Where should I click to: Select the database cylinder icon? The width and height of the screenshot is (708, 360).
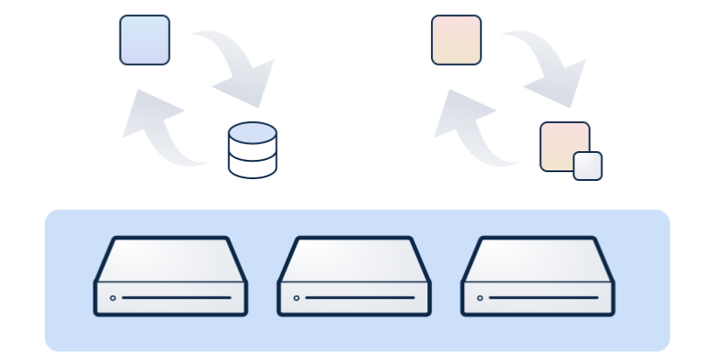(252, 151)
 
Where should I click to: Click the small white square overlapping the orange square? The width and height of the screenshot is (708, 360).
(587, 166)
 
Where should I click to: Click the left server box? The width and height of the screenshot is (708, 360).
(171, 276)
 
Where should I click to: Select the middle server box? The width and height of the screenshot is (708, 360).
(354, 276)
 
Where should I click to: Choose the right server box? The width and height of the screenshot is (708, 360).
(538, 276)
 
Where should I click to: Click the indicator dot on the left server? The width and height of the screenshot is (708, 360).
(113, 298)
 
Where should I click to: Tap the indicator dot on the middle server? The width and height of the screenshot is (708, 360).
(296, 298)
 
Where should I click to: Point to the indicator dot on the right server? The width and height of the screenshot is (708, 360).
(480, 298)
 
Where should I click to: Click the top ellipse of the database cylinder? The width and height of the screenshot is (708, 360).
(252, 134)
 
